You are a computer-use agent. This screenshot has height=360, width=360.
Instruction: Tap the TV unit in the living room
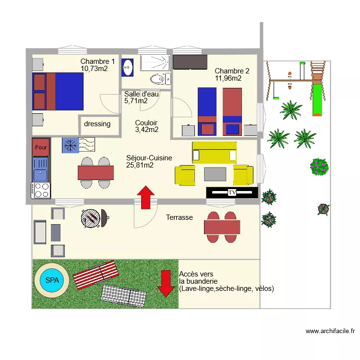(x=232, y=192)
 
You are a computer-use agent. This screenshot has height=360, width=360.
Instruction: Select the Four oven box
(x=41, y=147)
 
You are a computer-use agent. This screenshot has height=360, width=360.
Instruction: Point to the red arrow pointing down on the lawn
(x=166, y=283)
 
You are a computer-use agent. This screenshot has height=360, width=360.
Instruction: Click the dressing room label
(x=97, y=124)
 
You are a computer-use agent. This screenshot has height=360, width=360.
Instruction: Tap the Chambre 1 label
(x=97, y=61)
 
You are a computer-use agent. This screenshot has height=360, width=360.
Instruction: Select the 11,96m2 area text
(x=228, y=78)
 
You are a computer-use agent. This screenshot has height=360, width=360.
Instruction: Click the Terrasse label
(x=180, y=217)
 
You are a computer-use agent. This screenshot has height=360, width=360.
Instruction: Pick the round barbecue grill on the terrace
(x=91, y=218)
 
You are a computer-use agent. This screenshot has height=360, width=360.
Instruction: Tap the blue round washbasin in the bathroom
(x=127, y=67)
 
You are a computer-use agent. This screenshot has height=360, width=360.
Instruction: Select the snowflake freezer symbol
(x=70, y=145)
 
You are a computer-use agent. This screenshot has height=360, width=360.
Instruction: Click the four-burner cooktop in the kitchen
(x=41, y=190)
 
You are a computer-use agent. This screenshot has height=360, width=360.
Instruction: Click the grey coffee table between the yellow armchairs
(x=215, y=174)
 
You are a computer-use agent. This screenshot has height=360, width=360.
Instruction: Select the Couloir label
(x=146, y=123)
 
